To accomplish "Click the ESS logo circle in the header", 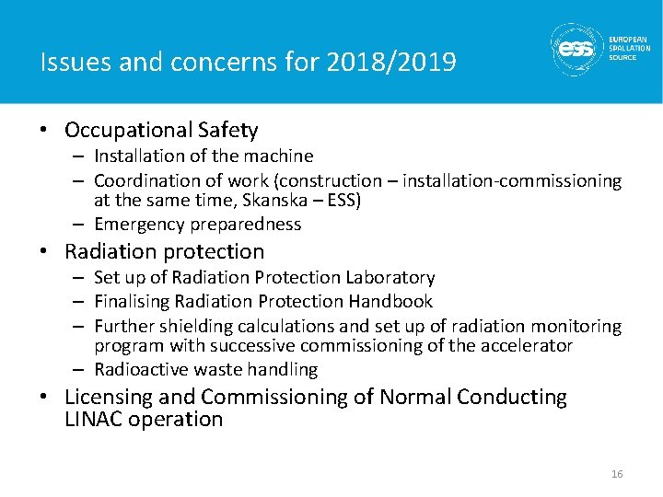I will coord(577,48).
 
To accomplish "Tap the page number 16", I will coord(617,474).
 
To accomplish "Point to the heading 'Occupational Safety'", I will coord(161,131).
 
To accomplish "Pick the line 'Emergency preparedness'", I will coord(197,224).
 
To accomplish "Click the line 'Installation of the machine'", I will coord(203,156).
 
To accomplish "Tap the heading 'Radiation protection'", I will coord(164,251).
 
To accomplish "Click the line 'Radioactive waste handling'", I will coord(205,370).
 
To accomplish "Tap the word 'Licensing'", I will coord(109,398).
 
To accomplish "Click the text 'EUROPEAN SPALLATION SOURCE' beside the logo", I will coord(629,48).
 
